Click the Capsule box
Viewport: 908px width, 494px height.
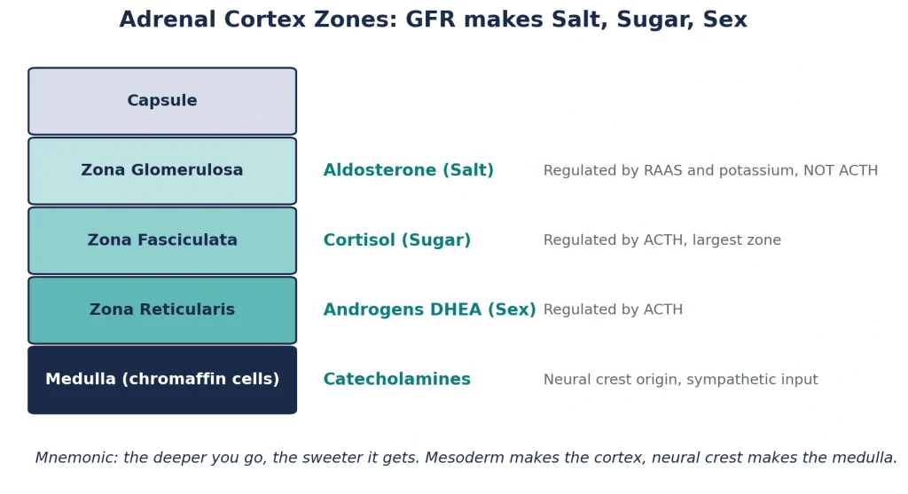coord(162,101)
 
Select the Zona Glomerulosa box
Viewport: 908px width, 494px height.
coord(162,171)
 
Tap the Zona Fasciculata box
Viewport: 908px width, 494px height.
coord(162,240)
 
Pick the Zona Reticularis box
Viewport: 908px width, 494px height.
coord(162,310)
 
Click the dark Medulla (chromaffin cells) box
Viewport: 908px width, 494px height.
coord(162,380)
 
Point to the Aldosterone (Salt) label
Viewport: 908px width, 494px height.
coord(408,170)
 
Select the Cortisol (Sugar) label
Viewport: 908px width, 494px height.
coord(396,239)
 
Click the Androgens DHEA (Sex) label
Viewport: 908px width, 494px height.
coord(429,310)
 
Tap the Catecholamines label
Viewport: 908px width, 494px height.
coord(396,379)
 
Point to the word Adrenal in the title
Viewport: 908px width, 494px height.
coord(168,20)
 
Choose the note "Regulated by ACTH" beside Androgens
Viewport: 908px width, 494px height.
coord(613,310)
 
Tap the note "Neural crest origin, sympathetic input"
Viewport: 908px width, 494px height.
coord(680,380)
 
